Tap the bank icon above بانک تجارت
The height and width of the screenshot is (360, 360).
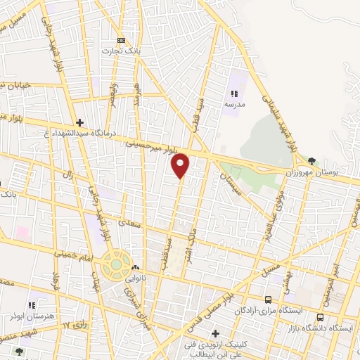pos(122,40)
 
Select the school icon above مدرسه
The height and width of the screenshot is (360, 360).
pos(234,93)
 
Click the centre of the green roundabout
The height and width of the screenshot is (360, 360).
pos(112,266)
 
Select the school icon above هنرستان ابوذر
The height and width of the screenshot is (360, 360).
pos(31,305)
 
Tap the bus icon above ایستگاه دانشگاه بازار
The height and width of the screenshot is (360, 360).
pos(320,317)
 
